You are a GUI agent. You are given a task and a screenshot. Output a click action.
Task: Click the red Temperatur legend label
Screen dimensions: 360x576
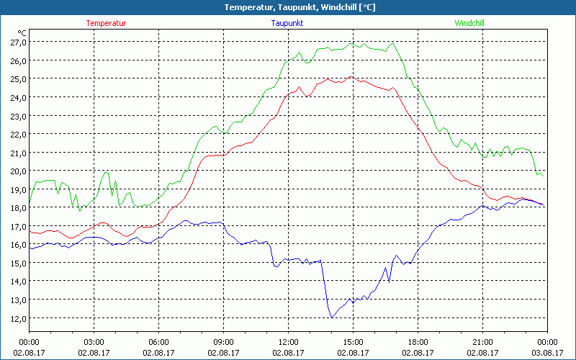106,23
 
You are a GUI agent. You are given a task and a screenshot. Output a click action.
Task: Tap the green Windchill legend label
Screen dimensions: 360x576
469,23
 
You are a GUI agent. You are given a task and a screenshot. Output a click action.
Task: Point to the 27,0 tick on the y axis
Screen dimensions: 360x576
18,42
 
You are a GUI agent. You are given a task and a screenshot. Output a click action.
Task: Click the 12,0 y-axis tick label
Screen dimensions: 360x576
18,318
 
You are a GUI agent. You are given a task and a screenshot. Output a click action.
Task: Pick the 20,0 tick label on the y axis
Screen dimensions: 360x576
18,171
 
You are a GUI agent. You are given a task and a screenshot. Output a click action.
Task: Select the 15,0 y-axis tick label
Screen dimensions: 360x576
18,263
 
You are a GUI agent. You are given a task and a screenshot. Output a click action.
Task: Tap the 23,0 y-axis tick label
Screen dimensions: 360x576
18,115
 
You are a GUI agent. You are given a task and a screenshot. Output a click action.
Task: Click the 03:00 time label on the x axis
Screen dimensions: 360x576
94,342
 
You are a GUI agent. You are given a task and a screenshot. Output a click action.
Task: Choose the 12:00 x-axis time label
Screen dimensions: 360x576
288,342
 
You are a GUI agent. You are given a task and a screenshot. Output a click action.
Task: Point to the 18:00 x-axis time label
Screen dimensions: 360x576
418,342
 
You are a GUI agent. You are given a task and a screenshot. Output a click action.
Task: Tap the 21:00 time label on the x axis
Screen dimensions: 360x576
482,342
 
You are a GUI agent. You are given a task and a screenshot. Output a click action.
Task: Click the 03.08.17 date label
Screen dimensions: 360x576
547,353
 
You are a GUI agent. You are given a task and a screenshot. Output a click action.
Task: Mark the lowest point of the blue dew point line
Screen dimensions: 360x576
332,317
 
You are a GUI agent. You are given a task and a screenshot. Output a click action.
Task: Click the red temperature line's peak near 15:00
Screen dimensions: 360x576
351,76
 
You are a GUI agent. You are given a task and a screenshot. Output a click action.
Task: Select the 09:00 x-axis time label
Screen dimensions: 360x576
223,342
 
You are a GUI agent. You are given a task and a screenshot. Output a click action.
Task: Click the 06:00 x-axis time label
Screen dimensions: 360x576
158,342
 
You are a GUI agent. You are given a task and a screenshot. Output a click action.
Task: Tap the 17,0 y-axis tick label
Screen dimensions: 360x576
18,226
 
